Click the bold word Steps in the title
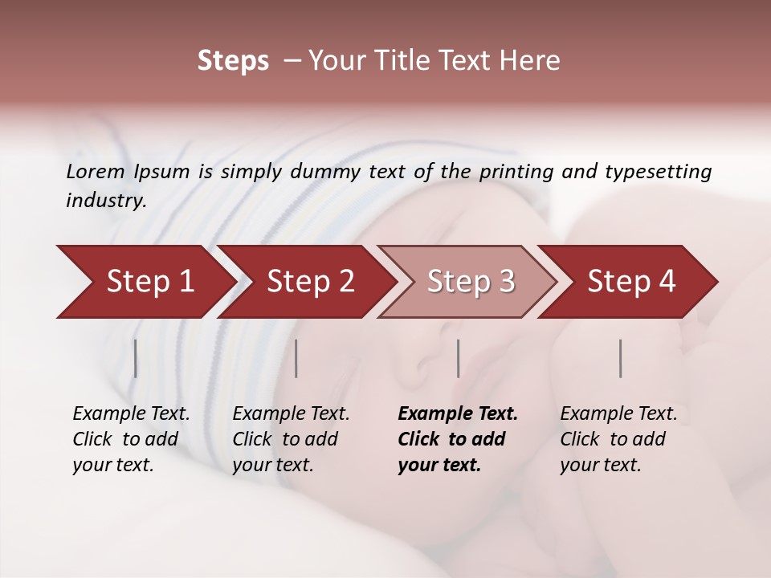[x=233, y=61]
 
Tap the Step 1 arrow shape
[x=145, y=282]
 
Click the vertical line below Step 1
[x=135, y=358]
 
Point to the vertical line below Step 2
[x=296, y=358]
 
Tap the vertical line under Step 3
[x=458, y=358]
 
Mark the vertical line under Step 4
[x=620, y=358]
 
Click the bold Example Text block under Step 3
[x=458, y=439]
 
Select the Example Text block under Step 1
[x=131, y=439]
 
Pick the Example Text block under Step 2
[x=291, y=439]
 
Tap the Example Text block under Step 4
[x=618, y=439]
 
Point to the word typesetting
[x=659, y=172]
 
